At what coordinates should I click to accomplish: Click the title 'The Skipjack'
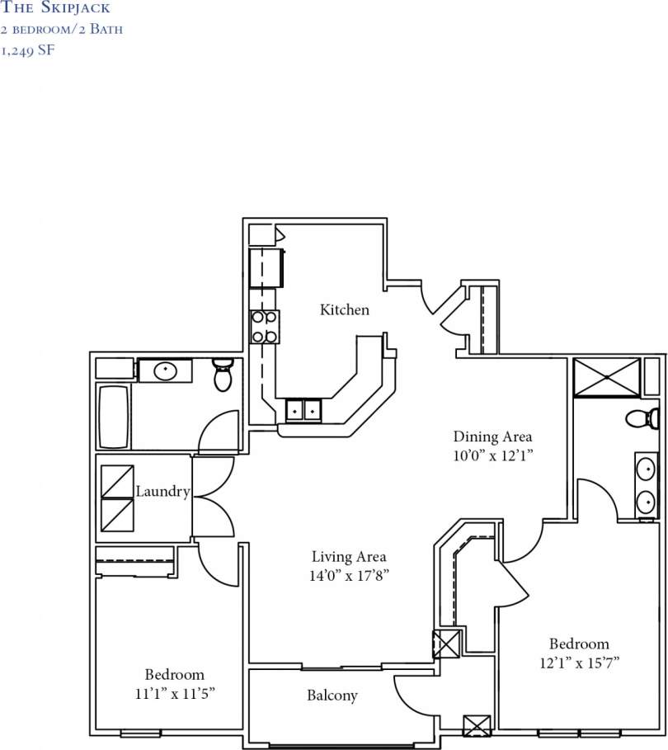[56, 8]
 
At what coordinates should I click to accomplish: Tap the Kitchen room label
[344, 310]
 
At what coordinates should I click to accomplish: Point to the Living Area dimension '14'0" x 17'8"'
[348, 575]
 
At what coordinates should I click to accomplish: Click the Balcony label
[332, 696]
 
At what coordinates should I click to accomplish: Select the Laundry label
[162, 492]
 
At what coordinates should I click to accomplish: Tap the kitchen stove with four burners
[265, 326]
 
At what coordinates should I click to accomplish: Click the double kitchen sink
[303, 409]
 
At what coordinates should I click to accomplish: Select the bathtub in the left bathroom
[113, 417]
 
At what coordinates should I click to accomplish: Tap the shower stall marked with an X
[606, 378]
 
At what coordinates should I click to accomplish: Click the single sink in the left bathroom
[164, 371]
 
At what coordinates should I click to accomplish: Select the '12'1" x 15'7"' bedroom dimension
[579, 662]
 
